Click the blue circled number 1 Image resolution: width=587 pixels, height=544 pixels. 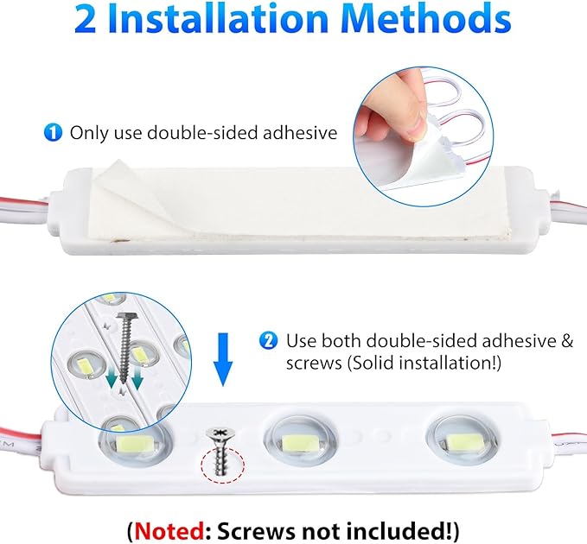pyautogui.click(x=54, y=133)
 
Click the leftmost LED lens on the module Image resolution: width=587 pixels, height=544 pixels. pyautogui.click(x=133, y=441)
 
